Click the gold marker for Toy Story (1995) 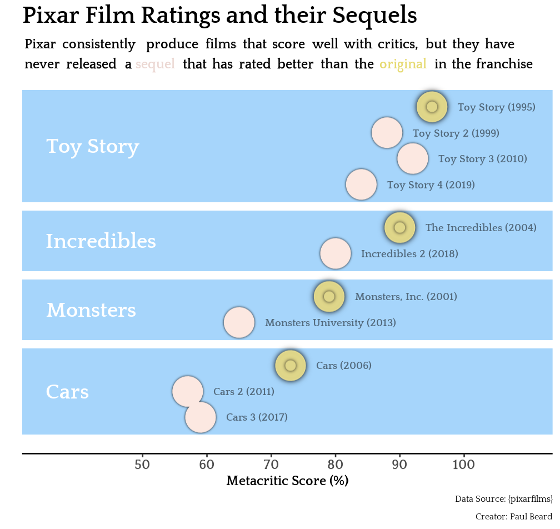point(432,107)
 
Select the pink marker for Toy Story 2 point(387,133)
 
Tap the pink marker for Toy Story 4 point(361,185)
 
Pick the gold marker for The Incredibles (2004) point(400,227)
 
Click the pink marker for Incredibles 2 point(336,253)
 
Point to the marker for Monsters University point(239,322)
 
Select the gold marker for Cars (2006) point(291,365)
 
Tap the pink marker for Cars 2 point(188,391)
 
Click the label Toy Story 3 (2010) point(482,159)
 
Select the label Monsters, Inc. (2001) point(406,297)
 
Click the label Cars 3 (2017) point(257,417)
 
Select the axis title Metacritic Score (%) point(287,481)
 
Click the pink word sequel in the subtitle point(155,64)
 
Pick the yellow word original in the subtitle point(403,64)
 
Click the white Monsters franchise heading point(91,310)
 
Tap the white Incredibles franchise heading point(101,241)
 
